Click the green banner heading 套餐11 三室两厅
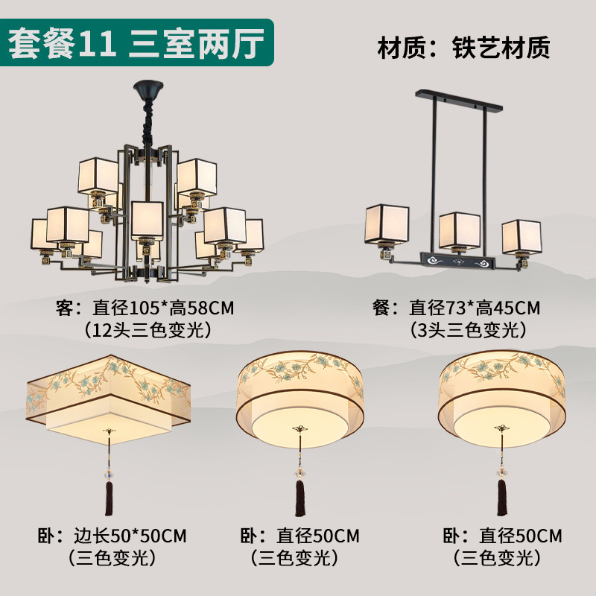(x=138, y=43)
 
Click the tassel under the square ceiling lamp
(x=110, y=497)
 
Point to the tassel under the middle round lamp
(x=301, y=497)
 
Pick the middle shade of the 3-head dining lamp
(x=458, y=230)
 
